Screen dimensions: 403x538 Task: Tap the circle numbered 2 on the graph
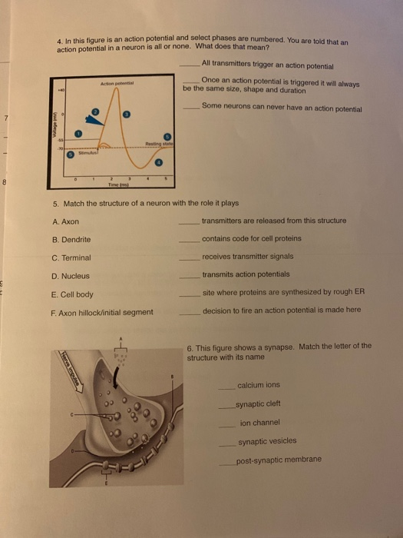point(94,112)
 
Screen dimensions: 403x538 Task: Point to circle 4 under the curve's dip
point(159,163)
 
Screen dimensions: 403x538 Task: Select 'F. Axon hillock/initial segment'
point(102,312)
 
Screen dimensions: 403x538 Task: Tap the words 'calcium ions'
point(259,385)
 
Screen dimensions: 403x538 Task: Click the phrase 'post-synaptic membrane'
point(279,460)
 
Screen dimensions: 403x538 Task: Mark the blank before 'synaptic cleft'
point(225,404)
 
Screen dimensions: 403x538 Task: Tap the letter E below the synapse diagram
point(107,485)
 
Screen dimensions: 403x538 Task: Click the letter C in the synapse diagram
point(71,416)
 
